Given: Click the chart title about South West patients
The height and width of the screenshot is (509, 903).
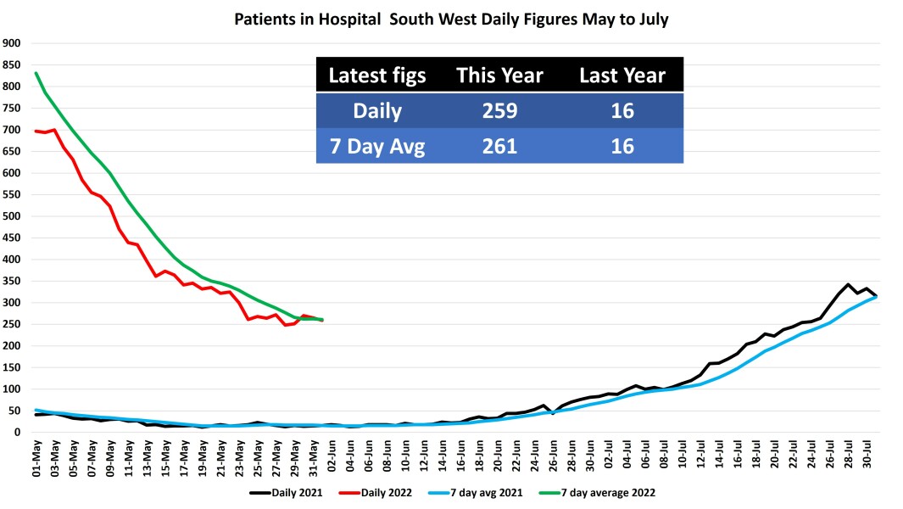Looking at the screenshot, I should click(451, 18).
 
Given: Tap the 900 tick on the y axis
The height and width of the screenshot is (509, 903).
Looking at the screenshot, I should click(12, 43).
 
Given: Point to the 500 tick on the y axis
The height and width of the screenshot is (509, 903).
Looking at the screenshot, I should click(12, 216).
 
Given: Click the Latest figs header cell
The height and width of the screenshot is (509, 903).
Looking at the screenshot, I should click(377, 76).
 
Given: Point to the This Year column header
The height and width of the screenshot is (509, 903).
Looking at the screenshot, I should click(499, 76).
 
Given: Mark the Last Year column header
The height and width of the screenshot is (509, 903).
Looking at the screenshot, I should click(622, 76).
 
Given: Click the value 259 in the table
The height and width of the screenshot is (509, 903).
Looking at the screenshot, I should click(499, 111).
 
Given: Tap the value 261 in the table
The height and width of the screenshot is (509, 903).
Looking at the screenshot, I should click(499, 146).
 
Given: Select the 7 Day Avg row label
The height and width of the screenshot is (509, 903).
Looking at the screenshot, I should click(377, 146).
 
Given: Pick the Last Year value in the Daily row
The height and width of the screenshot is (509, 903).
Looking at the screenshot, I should click(622, 111).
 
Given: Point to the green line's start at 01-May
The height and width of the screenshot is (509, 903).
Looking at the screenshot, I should click(36, 73).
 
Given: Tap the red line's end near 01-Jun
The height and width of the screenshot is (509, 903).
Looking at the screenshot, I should click(322, 320).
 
